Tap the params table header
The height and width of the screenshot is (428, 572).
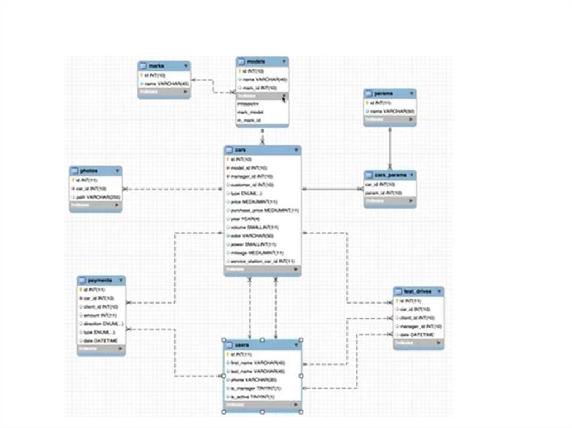[382, 94]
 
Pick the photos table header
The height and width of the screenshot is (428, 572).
[89, 171]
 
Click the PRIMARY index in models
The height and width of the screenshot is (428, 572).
[249, 104]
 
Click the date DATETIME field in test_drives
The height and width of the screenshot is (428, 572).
[417, 334]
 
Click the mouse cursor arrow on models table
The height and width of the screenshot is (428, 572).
[284, 98]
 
